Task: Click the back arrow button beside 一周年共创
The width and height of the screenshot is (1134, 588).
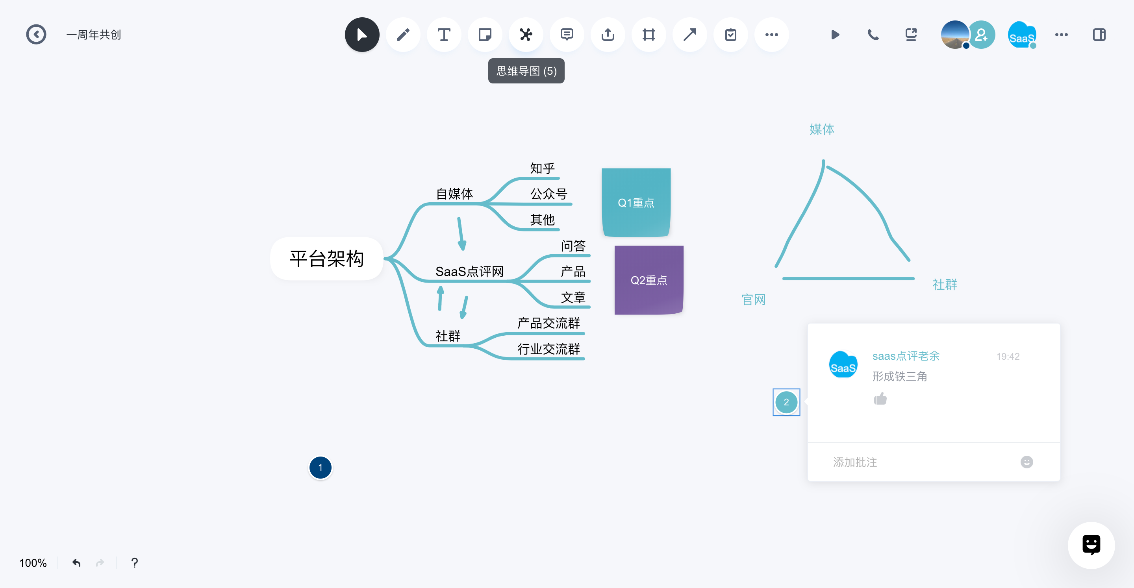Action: tap(36, 34)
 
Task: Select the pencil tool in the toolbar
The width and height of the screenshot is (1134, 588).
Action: tap(403, 34)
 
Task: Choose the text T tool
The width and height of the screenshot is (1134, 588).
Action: tap(444, 34)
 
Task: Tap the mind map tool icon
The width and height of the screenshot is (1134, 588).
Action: tap(526, 34)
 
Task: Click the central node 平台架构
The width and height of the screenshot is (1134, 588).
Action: tap(327, 258)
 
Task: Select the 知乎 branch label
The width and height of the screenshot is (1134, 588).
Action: tap(542, 168)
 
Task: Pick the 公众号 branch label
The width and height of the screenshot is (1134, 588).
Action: tap(548, 194)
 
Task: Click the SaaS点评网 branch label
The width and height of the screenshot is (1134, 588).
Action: tap(469, 272)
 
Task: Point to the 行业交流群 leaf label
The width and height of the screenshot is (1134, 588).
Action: tap(548, 349)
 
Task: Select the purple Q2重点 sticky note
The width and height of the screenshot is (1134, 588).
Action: tap(649, 280)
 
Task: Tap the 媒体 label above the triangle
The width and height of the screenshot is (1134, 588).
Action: tap(822, 129)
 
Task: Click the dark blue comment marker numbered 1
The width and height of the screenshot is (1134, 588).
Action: tap(321, 468)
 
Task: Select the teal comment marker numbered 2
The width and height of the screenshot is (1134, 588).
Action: tap(786, 402)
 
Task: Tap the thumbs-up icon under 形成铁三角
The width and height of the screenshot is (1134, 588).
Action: tap(880, 399)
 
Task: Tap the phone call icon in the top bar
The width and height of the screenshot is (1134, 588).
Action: tap(873, 34)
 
